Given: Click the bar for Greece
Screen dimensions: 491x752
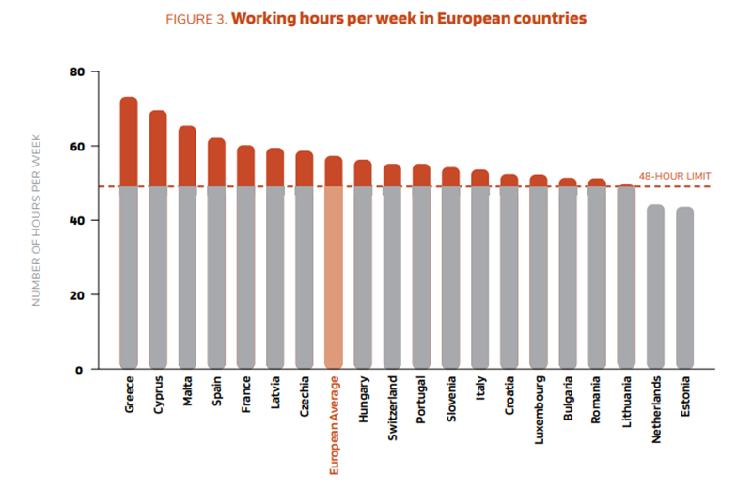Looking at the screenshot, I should tap(129, 235).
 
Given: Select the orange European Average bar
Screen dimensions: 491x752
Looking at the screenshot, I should tap(334, 263).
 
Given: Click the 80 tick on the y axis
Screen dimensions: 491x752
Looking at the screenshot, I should tap(77, 71).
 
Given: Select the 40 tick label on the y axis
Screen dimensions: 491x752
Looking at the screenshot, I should tap(77, 220).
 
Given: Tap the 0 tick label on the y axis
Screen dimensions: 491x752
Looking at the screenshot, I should tap(81, 369).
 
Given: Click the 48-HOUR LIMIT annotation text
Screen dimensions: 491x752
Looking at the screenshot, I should tap(674, 176).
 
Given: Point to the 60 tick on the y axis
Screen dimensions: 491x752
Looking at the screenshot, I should tap(77, 146).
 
